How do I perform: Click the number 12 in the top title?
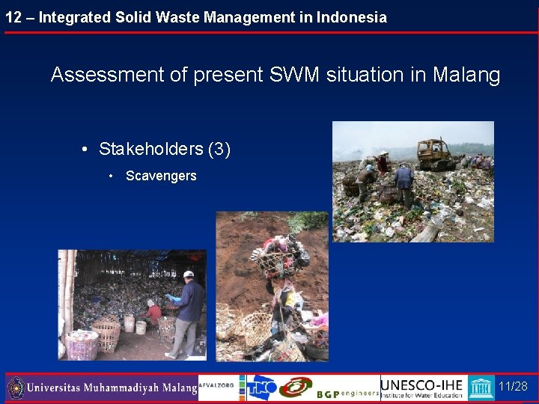[13, 17]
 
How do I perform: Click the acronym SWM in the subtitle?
[293, 75]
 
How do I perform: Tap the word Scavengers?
[161, 176]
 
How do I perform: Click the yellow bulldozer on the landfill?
[435, 153]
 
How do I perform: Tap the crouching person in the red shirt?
[153, 312]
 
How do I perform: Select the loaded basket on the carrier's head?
[281, 254]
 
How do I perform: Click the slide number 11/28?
[513, 387]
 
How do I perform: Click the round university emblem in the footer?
[16, 388]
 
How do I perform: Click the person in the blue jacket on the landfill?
[404, 183]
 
